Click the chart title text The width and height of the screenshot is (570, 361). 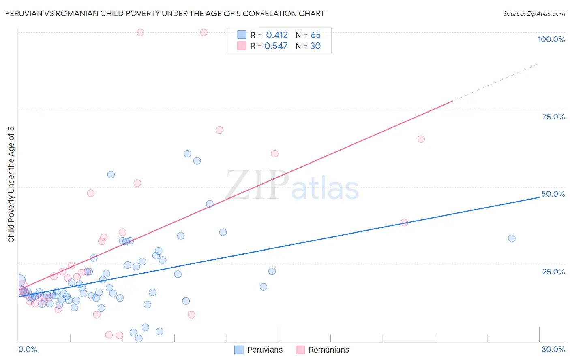pyautogui.click(x=165, y=13)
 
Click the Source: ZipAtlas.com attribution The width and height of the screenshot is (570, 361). pyautogui.click(x=534, y=13)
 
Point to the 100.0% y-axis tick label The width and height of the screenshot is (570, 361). pyautogui.click(x=551, y=39)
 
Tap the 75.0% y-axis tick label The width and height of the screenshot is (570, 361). pyautogui.click(x=553, y=117)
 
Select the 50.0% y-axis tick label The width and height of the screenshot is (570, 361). pyautogui.click(x=553, y=194)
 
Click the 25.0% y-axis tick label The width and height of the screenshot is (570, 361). pyautogui.click(x=553, y=271)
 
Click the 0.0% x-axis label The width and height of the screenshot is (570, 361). pyautogui.click(x=28, y=349)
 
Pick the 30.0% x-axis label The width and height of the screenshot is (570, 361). pyautogui.click(x=553, y=349)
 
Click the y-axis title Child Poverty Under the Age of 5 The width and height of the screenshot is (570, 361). pyautogui.click(x=11, y=185)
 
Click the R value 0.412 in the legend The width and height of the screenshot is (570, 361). pyautogui.click(x=276, y=35)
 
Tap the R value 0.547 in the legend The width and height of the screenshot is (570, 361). pyautogui.click(x=276, y=46)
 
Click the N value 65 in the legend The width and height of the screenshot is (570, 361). pyautogui.click(x=315, y=35)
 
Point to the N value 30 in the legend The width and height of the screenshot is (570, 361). pyautogui.click(x=315, y=46)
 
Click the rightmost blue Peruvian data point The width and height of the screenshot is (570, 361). pyautogui.click(x=512, y=238)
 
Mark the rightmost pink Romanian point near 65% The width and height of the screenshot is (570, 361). pyautogui.click(x=421, y=139)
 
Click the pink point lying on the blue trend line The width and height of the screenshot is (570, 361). pyautogui.click(x=404, y=223)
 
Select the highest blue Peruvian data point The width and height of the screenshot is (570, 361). pyautogui.click(x=187, y=154)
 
